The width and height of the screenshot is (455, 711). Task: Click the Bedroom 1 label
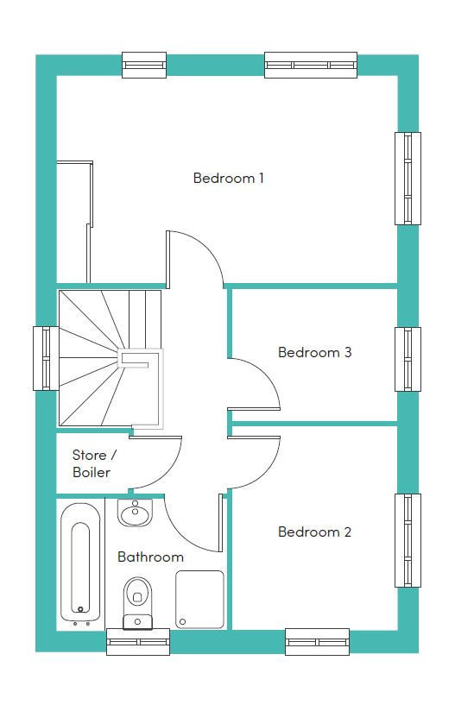click(228, 178)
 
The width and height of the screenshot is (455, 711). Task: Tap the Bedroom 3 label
click(314, 352)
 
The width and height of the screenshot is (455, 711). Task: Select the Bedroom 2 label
click(314, 532)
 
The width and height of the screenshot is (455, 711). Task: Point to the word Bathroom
click(150, 557)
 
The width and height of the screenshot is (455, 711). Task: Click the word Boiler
click(92, 473)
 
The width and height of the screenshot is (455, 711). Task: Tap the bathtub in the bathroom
click(80, 563)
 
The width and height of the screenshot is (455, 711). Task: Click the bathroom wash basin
click(135, 513)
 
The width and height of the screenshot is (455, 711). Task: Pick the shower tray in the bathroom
click(199, 600)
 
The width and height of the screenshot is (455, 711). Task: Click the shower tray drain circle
click(183, 621)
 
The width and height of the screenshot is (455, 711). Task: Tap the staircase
click(111, 358)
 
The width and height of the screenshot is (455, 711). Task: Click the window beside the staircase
click(46, 358)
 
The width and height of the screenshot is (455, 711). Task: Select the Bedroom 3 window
click(408, 359)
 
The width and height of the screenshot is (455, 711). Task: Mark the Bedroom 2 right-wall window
click(408, 540)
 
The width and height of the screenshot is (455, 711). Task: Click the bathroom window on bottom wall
click(138, 642)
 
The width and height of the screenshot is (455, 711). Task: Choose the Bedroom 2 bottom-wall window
click(317, 642)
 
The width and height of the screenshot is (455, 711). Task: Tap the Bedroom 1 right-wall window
click(408, 179)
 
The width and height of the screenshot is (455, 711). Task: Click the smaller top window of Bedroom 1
click(144, 65)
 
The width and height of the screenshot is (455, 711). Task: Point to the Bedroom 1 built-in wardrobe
click(74, 221)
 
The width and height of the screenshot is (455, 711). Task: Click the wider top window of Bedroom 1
click(311, 65)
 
